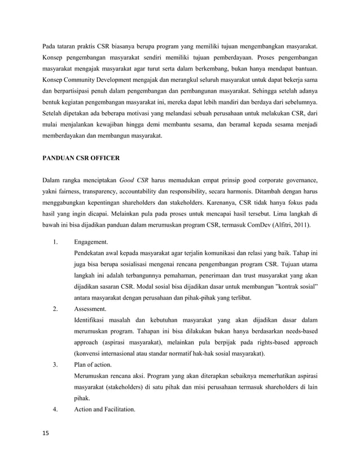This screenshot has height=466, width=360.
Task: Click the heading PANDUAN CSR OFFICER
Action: pyautogui.click(x=81, y=159)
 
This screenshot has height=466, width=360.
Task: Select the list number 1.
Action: pyautogui.click(x=55, y=241)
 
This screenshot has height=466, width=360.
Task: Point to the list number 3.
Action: pyautogui.click(x=55, y=364)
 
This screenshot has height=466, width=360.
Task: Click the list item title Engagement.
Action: pyautogui.click(x=91, y=241)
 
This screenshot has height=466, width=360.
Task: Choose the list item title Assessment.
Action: pyautogui.click(x=90, y=309)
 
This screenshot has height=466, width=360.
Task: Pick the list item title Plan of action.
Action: pyautogui.click(x=93, y=364)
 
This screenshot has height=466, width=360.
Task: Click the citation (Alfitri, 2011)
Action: pyautogui.click(x=293, y=225)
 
